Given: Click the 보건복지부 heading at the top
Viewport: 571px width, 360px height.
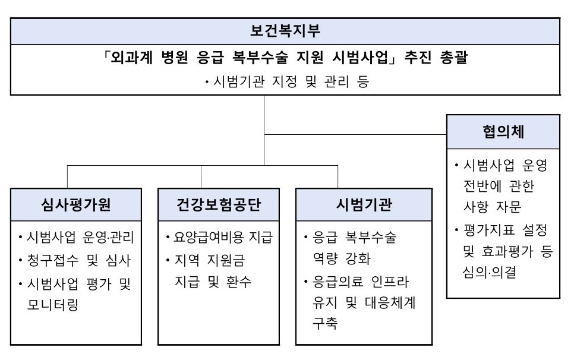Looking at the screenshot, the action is pyautogui.click(x=285, y=30).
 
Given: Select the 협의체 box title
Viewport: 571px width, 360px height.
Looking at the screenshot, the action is pyautogui.click(x=503, y=132).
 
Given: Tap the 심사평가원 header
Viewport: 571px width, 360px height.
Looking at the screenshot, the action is pyautogui.click(x=76, y=204).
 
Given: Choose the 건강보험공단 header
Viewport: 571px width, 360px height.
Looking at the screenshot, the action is pyautogui.click(x=219, y=204).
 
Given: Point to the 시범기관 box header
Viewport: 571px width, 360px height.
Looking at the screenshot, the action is pyautogui.click(x=364, y=204).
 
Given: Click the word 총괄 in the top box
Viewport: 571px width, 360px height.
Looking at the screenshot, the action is pyautogui.click(x=454, y=58).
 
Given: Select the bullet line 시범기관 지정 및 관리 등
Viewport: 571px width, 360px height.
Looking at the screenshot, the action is pyautogui.click(x=288, y=81).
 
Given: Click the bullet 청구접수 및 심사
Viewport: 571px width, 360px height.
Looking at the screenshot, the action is pyautogui.click(x=75, y=260).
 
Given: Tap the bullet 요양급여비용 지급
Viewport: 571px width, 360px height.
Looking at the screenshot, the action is pyautogui.click(x=219, y=238).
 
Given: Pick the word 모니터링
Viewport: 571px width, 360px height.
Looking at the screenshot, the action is pyautogui.click(x=53, y=305).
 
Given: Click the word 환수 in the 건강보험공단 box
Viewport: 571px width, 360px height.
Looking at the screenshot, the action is pyautogui.click(x=239, y=282).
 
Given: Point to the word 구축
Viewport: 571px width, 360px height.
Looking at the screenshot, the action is pyautogui.click(x=325, y=323).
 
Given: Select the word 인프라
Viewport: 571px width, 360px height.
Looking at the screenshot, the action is pyautogui.click(x=390, y=282).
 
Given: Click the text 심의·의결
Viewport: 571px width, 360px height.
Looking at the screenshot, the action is pyautogui.click(x=490, y=272).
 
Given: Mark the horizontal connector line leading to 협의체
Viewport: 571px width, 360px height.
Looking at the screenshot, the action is pyautogui.click(x=355, y=135).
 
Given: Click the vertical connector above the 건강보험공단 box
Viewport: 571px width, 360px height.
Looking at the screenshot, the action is pyautogui.click(x=201, y=177).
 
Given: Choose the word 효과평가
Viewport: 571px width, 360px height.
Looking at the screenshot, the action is pyautogui.click(x=507, y=251).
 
